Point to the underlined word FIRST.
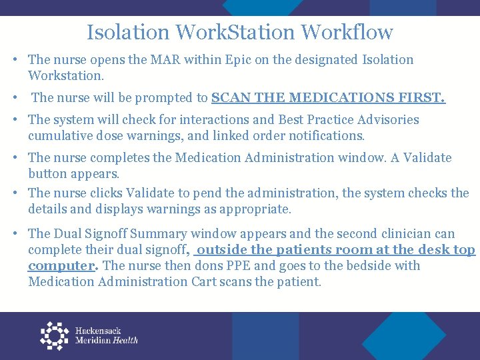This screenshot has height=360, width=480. click(x=422, y=98)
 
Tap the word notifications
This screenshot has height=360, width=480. click(x=325, y=136)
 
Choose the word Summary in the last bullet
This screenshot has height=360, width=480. click(x=160, y=234)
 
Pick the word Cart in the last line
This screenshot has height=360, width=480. click(x=191, y=282)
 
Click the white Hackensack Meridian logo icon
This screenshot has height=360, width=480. click(x=54, y=335)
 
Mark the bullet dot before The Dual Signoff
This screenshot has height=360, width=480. click(x=15, y=234)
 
